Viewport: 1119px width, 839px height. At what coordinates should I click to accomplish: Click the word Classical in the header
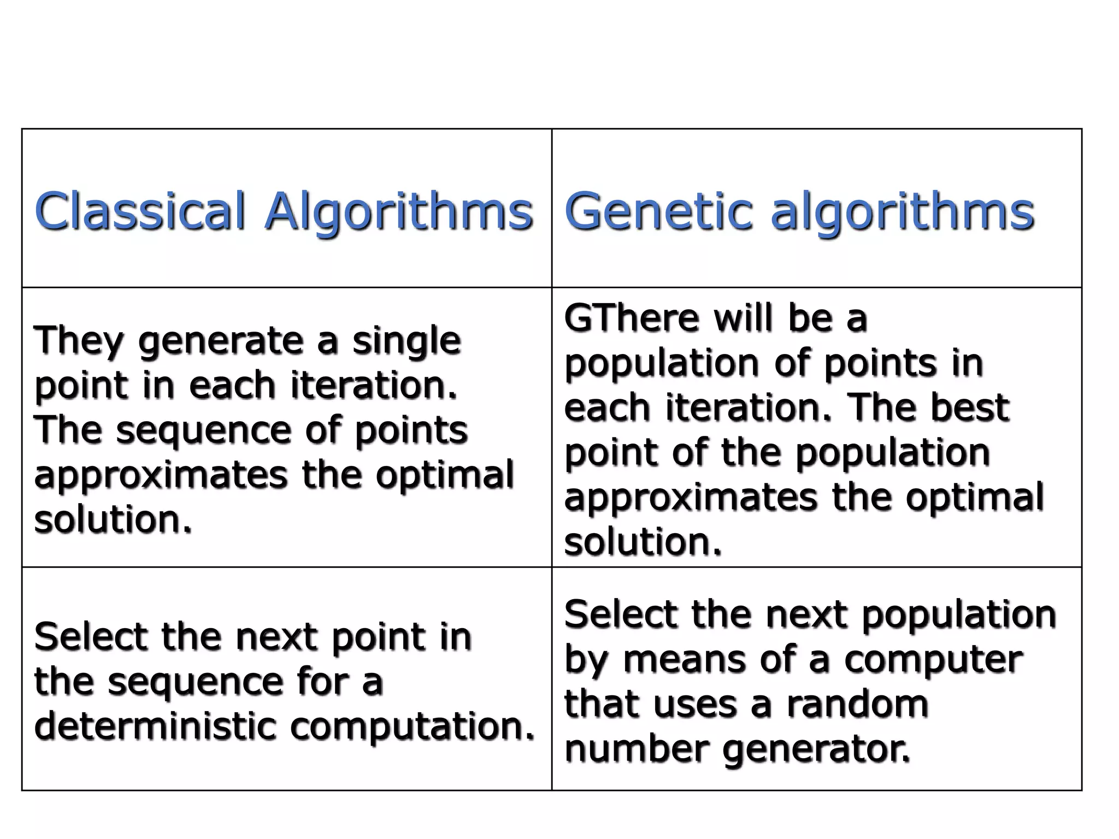tap(140, 211)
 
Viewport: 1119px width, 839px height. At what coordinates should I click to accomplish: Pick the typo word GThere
tap(632, 318)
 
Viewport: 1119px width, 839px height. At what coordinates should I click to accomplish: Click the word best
tap(969, 407)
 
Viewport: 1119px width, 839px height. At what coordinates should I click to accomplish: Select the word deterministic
tap(155, 726)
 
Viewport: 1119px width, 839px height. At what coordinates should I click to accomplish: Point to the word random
tap(858, 704)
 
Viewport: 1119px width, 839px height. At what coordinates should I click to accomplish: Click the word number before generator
tap(636, 748)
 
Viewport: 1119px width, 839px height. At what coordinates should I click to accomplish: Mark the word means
tap(686, 660)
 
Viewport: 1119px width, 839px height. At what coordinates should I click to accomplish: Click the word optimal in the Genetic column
tap(975, 497)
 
